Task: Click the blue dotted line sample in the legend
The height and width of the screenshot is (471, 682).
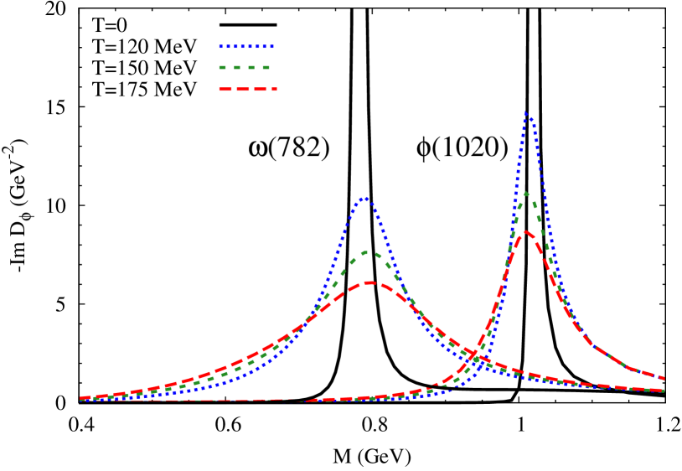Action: click(246, 47)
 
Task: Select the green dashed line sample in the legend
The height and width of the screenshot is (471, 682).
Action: click(245, 67)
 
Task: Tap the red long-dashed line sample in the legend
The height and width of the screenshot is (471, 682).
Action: click(247, 89)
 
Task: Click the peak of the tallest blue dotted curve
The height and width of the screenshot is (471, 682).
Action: click(526, 112)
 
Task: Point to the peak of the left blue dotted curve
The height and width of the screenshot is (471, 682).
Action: click(364, 198)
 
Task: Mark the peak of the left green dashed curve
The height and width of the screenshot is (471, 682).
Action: click(367, 251)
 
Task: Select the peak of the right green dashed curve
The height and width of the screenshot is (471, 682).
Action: click(525, 193)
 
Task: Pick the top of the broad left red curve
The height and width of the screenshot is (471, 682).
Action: click(369, 282)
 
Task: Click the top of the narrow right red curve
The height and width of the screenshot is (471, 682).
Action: click(525, 232)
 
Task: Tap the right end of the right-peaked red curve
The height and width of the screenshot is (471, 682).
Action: click(664, 378)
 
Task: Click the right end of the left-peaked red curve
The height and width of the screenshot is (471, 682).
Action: click(664, 391)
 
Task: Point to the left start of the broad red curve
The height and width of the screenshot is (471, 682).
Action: click(81, 398)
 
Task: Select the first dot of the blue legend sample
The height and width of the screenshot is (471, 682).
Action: click(221, 47)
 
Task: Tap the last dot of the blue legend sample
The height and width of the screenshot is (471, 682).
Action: click(272, 47)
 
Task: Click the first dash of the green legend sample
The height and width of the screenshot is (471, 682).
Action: click(223, 67)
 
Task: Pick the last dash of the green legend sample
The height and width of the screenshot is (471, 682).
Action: click(266, 67)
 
